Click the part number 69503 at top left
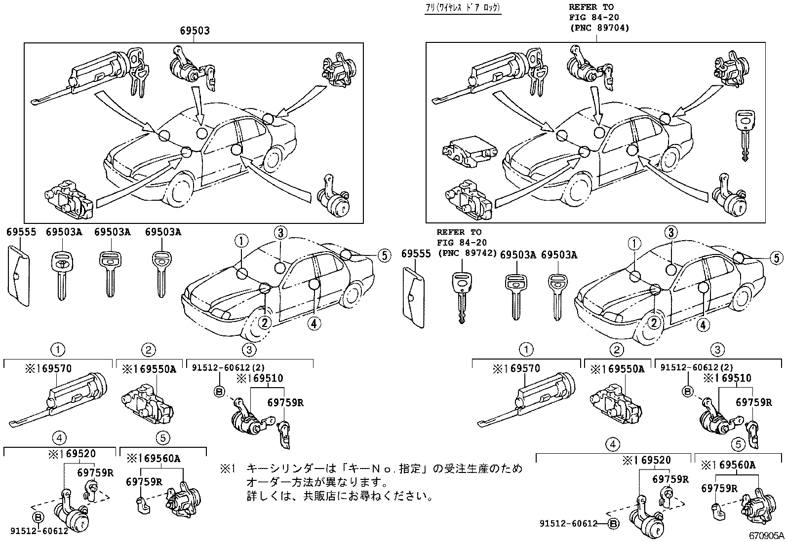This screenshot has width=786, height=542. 194,31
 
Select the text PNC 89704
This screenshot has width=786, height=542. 599,28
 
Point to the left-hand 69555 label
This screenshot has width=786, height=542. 21,232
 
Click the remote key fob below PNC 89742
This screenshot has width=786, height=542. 461,296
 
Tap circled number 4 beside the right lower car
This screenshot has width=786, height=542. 703,324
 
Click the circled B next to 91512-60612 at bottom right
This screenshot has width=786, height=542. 612,524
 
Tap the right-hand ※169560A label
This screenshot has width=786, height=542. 728,464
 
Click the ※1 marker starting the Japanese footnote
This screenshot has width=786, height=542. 230,468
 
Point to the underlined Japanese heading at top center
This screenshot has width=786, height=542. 463,8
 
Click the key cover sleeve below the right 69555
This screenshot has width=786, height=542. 414,297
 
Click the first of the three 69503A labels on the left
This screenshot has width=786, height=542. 64,232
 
